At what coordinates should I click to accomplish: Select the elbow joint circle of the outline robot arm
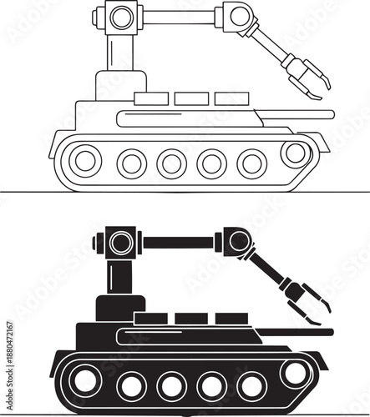[x=239, y=16]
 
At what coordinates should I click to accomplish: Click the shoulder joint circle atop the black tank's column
[x=121, y=244]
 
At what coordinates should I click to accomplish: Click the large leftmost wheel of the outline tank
[x=85, y=160]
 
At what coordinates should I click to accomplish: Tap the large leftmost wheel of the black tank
[x=85, y=381]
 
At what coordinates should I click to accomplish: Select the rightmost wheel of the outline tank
[x=294, y=153]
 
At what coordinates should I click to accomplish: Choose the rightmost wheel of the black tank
[x=294, y=373]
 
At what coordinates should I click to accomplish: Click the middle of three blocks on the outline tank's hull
[x=191, y=99]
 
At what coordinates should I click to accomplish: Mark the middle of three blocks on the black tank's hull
[x=191, y=319]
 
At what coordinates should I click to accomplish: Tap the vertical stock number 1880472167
[x=8, y=354]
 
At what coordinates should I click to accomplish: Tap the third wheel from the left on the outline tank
[x=171, y=163]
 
